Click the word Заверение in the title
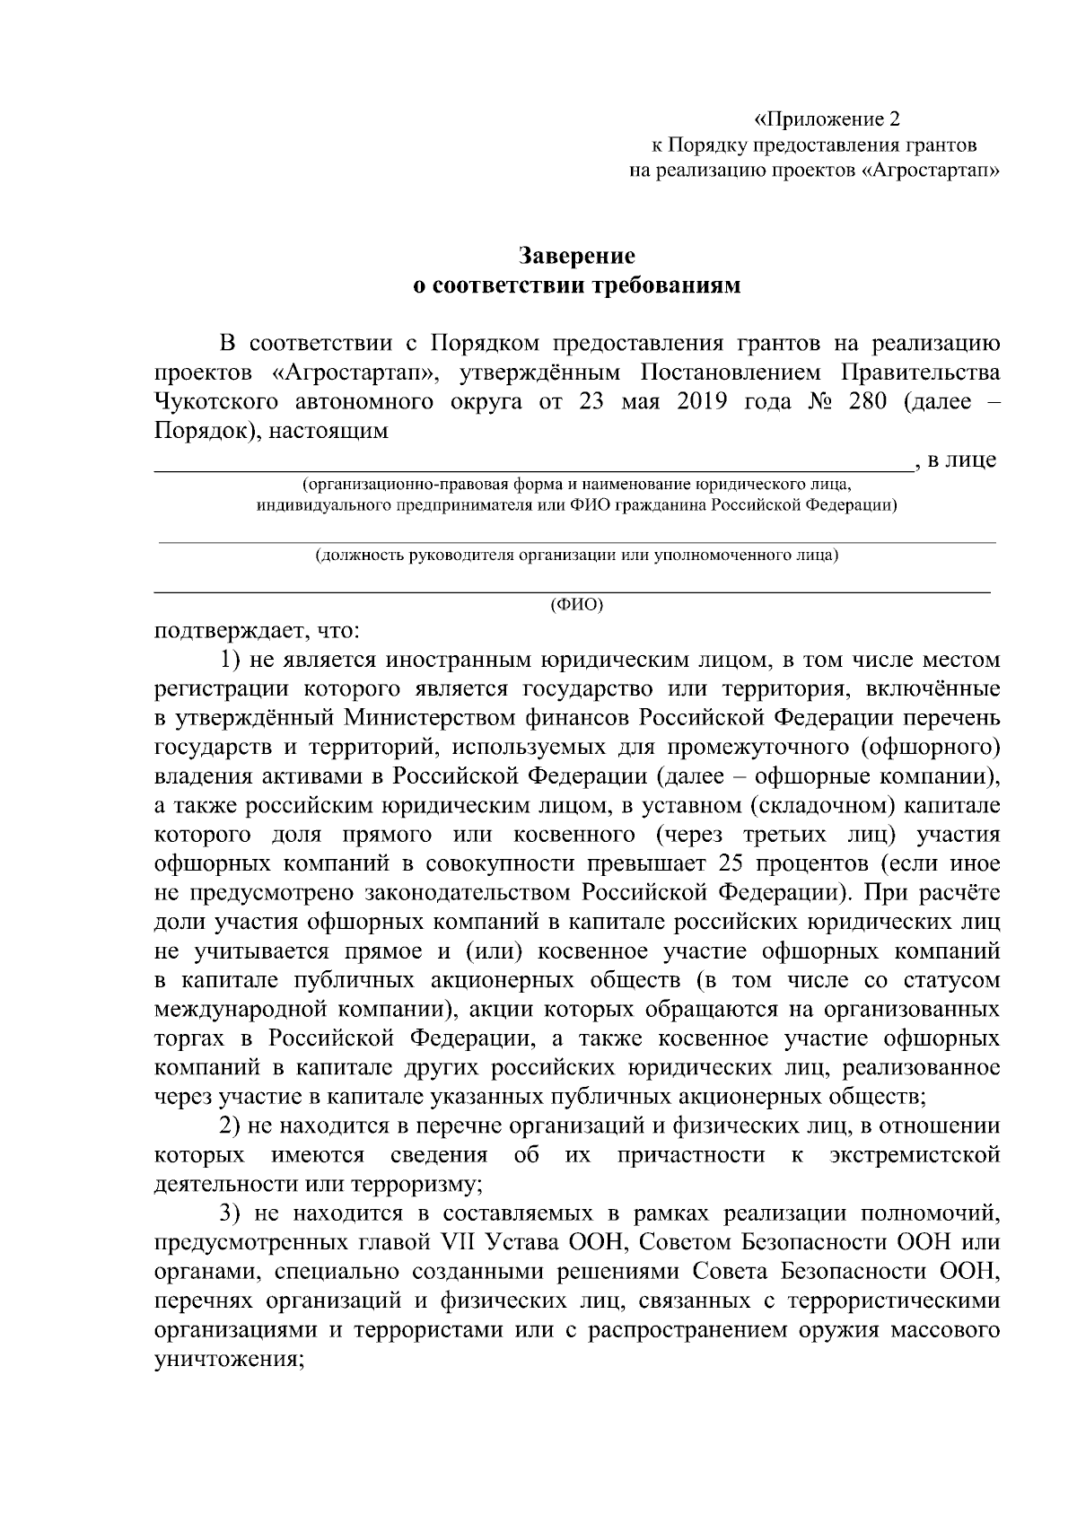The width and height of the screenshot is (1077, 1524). pos(578,256)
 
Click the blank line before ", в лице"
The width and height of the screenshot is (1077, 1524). pos(530,468)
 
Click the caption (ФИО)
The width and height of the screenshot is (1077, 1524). pos(577,604)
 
